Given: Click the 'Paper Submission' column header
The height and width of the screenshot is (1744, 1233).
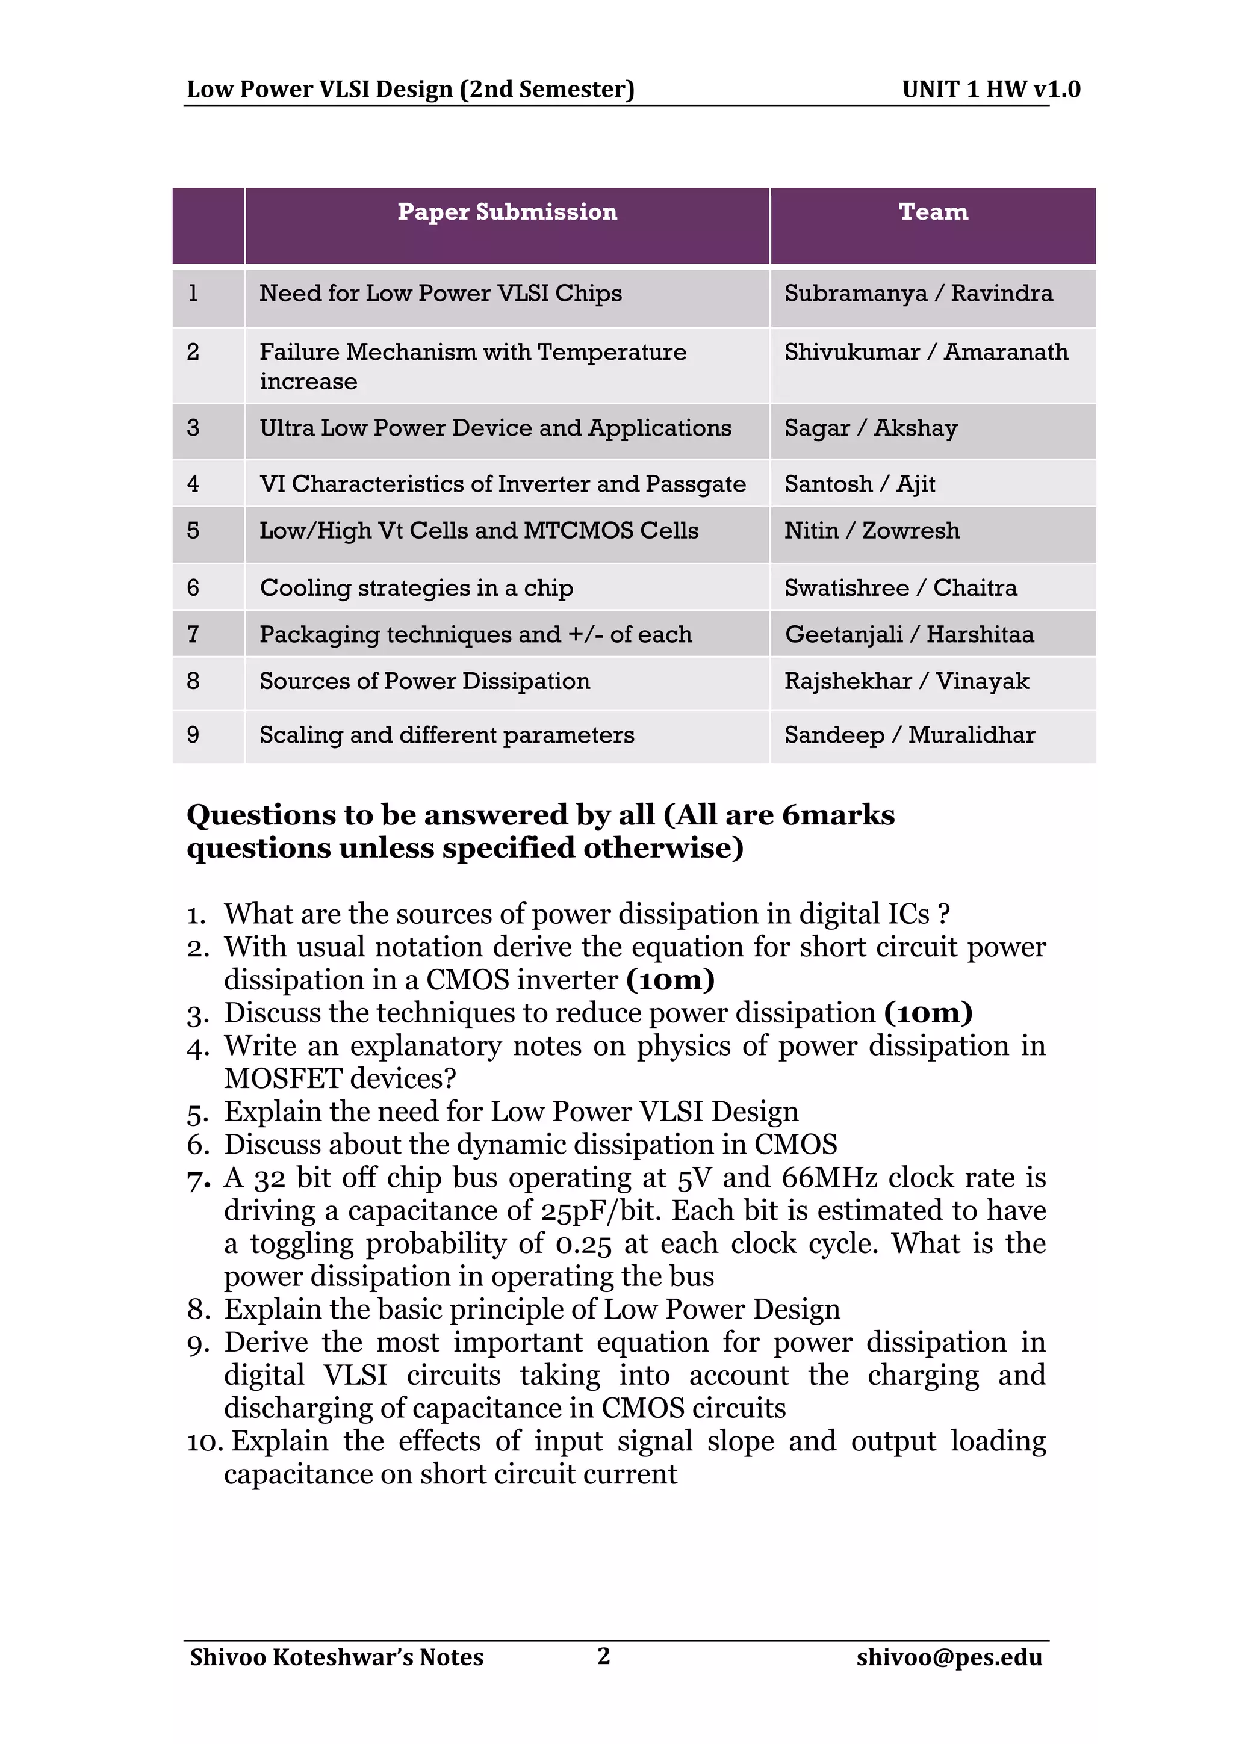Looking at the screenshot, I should [x=507, y=212].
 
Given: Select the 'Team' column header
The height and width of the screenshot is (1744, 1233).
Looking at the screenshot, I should [x=933, y=212].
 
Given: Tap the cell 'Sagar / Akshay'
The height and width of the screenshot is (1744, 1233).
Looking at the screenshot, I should [x=871, y=428].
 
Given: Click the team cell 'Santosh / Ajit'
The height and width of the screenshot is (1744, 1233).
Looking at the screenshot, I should [x=859, y=484].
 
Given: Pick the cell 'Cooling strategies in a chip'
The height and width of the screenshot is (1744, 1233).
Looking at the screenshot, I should [x=416, y=588].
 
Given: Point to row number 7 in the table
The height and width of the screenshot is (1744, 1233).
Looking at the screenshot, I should [x=193, y=634].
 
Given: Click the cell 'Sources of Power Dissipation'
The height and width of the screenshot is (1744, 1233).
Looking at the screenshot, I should [x=424, y=681].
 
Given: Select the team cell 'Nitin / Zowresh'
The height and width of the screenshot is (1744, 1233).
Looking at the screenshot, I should [x=871, y=531].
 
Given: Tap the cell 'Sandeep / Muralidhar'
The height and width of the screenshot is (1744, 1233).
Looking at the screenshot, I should [x=909, y=735].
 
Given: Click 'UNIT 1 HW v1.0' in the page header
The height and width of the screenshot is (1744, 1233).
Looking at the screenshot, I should [x=990, y=90].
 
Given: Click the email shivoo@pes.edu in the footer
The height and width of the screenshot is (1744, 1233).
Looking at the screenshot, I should [x=949, y=1657].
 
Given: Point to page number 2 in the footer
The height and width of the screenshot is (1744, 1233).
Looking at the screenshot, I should [x=604, y=1655].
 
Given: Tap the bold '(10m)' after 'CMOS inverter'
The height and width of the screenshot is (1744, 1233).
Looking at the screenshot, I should [x=670, y=980].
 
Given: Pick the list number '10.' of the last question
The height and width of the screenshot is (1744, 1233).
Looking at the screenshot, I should [x=203, y=1442].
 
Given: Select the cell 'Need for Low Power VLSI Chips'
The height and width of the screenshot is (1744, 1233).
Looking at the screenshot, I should [x=441, y=294].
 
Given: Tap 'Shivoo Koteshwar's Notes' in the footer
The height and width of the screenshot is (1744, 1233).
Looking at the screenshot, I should [x=337, y=1657].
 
